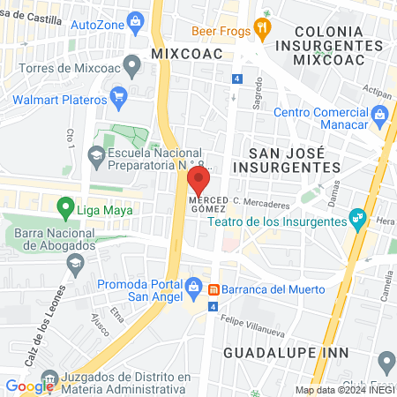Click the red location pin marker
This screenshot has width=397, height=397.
tap(198, 181)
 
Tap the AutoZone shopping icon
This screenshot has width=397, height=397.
tap(136, 19)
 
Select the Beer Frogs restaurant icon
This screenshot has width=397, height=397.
tap(261, 28)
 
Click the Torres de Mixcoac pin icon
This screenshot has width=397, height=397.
tap(132, 64)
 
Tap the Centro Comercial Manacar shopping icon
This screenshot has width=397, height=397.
tap(379, 112)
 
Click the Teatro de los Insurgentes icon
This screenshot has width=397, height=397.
tap(358, 216)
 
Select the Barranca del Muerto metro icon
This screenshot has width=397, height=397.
tap(213, 289)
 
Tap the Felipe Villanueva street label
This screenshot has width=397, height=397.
tap(252, 326)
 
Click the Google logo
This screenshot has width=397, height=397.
tap(29, 386)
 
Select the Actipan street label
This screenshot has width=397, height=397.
tap(376, 91)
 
